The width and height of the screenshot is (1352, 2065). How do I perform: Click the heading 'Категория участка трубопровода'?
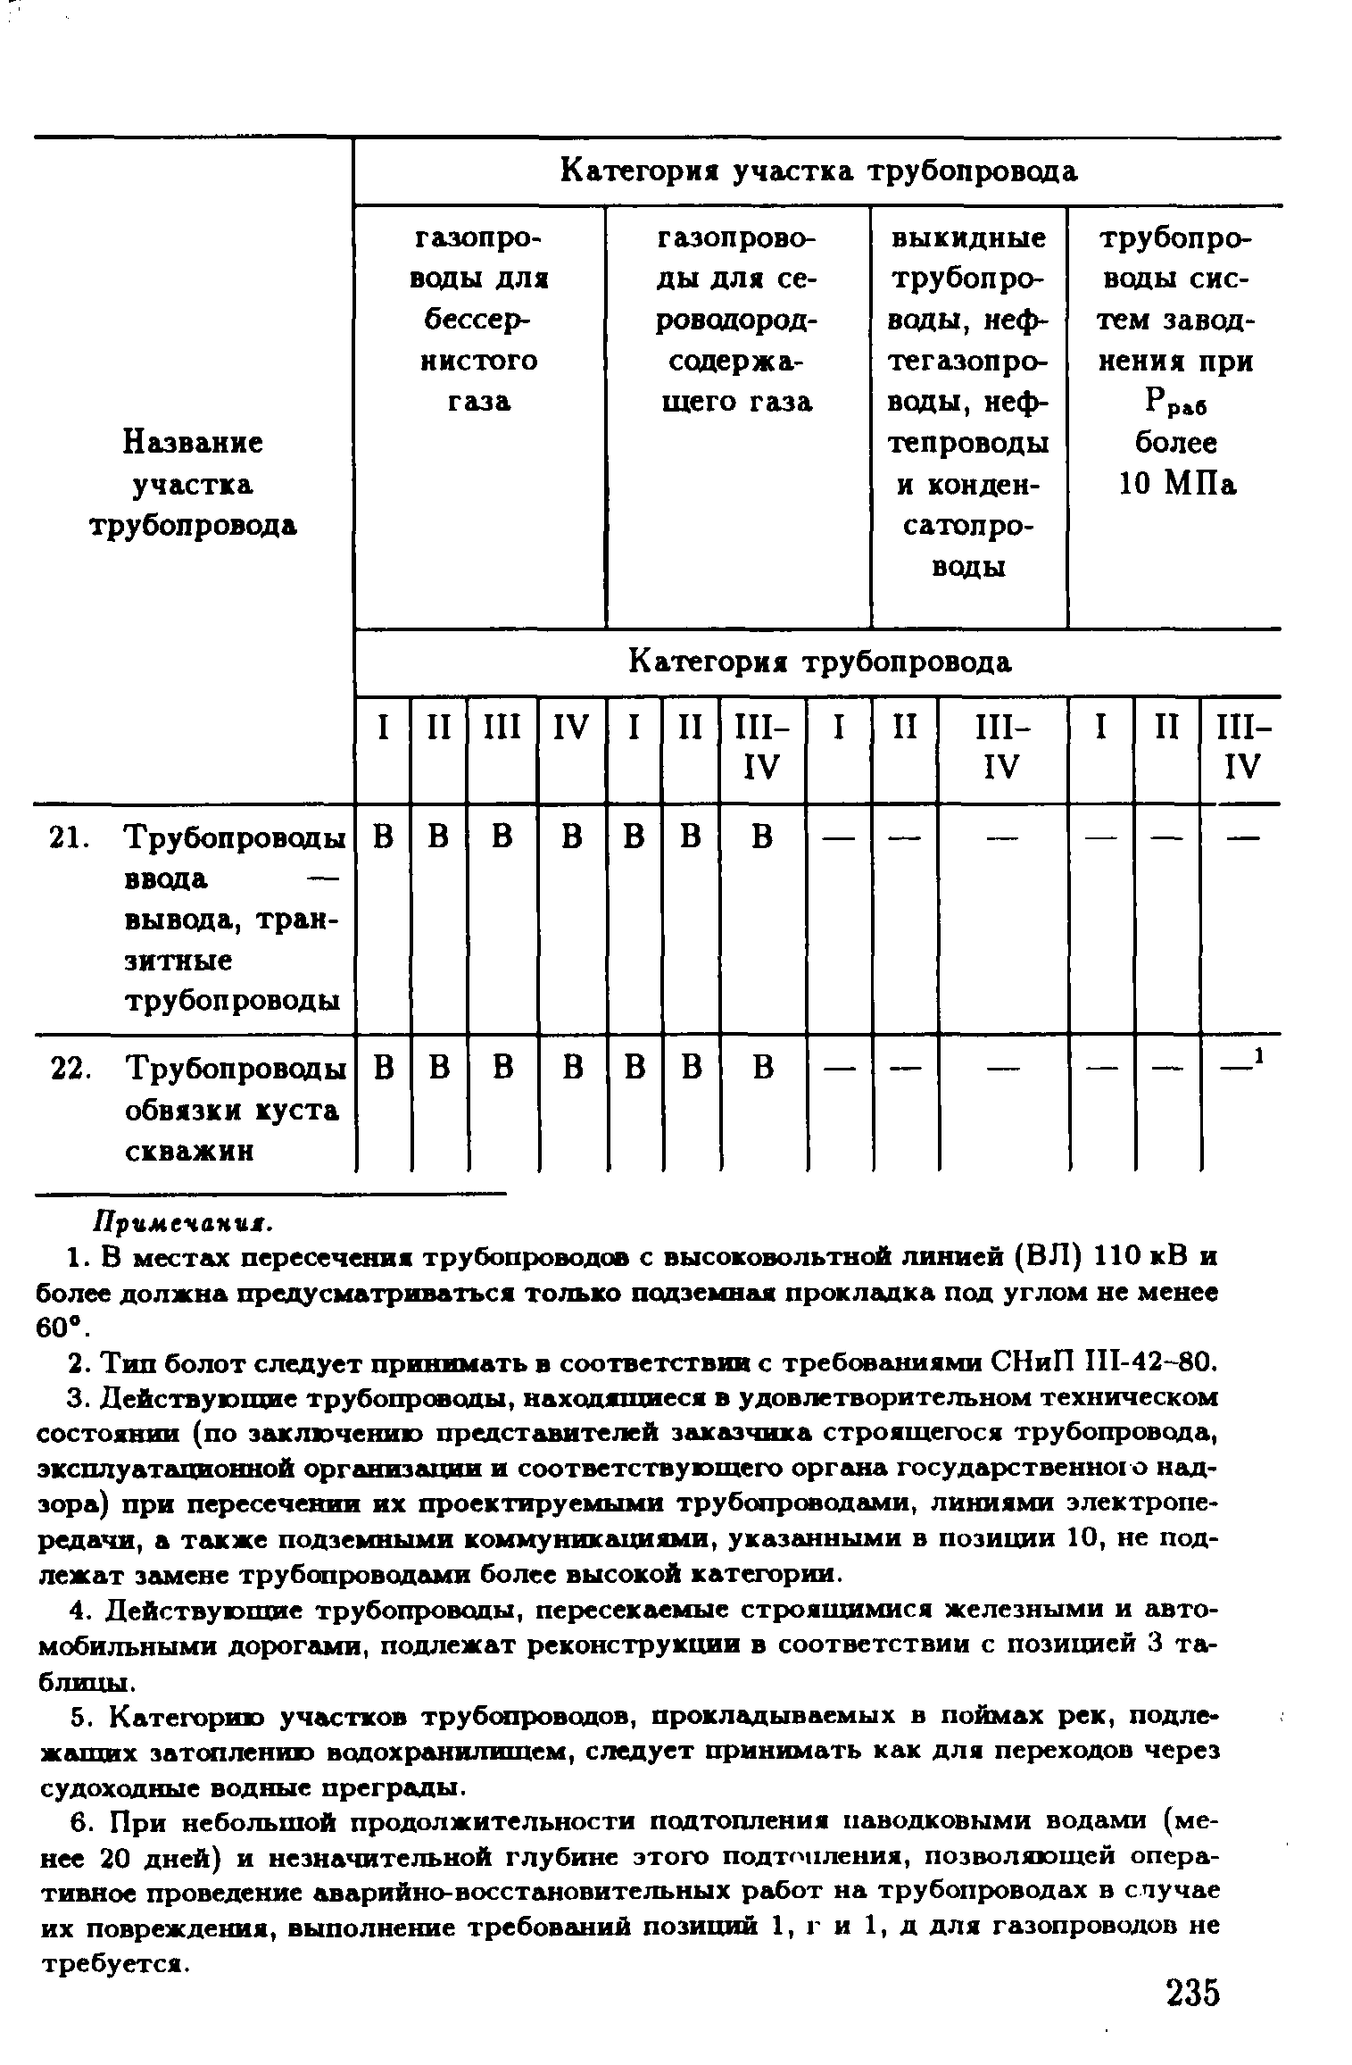tap(818, 171)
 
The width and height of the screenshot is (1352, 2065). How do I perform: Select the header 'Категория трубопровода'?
tap(819, 662)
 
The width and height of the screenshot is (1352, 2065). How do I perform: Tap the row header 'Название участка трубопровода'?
tap(192, 484)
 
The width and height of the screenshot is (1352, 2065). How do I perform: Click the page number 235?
tap(1191, 1993)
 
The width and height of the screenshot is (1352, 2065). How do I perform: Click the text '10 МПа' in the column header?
tap(1177, 485)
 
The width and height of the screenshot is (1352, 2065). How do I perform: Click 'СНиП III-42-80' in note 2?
tap(1103, 1363)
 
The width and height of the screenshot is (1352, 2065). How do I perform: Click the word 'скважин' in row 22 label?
tap(189, 1152)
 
